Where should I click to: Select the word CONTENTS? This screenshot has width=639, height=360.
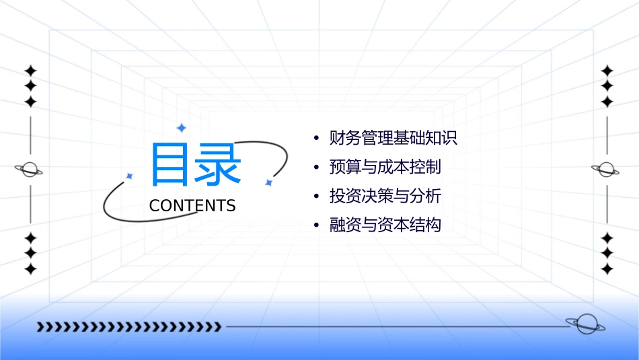click(x=192, y=206)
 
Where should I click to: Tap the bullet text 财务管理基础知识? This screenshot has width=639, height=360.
click(x=393, y=139)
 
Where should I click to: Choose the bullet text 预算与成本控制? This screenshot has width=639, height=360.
click(x=385, y=167)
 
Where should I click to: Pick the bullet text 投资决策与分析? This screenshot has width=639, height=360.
click(x=385, y=196)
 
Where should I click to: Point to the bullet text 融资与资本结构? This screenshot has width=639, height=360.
click(x=385, y=225)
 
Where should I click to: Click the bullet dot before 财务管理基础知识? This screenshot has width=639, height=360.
click(x=316, y=139)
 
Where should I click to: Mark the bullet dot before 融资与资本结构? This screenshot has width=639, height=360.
click(x=316, y=225)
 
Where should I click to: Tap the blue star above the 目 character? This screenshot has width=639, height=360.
click(x=180, y=127)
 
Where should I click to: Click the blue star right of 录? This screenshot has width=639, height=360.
click(x=268, y=182)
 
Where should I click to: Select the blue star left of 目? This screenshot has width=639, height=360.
click(x=130, y=176)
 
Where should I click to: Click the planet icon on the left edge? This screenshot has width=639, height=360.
click(x=29, y=170)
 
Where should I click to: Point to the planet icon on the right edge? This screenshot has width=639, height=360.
click(x=606, y=170)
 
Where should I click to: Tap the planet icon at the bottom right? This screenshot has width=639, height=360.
click(x=585, y=324)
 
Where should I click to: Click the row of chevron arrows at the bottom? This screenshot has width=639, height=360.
click(x=128, y=327)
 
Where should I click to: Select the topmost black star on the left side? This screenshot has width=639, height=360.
click(x=30, y=71)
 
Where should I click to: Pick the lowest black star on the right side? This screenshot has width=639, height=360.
click(x=607, y=269)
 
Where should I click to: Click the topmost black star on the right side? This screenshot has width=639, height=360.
click(x=607, y=71)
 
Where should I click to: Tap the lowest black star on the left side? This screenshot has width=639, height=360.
click(x=30, y=269)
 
